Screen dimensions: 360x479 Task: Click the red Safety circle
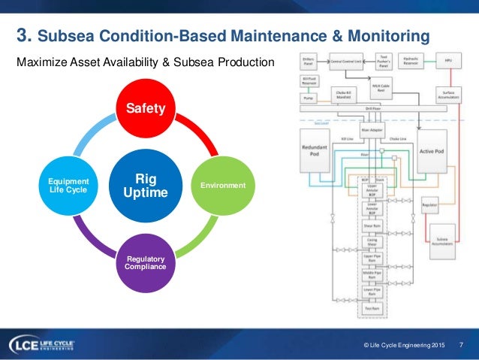pyautogui.click(x=146, y=109)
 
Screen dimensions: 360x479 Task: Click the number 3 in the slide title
pyautogui.click(x=22, y=35)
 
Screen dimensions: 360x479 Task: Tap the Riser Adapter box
pyautogui.click(x=372, y=129)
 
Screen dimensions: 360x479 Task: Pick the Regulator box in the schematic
pyautogui.click(x=430, y=204)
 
